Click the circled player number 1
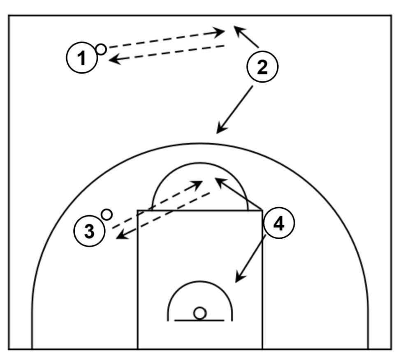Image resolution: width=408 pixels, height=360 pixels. pos(82,59)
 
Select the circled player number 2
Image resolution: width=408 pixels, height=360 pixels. pos(262,67)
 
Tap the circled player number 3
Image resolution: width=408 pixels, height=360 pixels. pos(90,231)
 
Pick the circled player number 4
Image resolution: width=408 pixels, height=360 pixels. pos(279,224)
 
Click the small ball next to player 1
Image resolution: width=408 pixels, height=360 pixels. pos(101,49)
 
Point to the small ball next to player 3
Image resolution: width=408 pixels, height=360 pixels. pos(107,214)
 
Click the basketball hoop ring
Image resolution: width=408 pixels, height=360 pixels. pos(200,313)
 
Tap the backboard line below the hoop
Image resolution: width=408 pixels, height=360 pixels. pos(199,320)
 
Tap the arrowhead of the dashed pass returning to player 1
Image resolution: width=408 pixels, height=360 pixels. pos(112,60)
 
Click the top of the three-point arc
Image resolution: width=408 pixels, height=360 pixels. pos(200,144)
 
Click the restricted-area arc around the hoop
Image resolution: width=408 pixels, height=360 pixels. pos(200,282)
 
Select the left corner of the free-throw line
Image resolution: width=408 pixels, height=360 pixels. pos(138,210)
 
